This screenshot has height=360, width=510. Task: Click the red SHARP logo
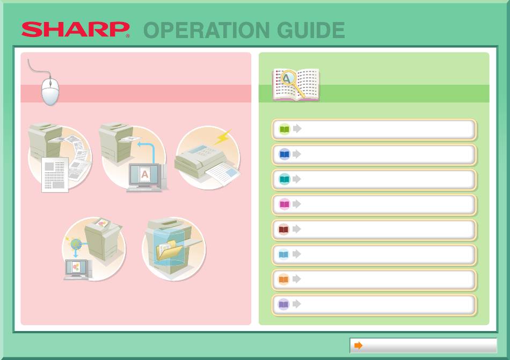coord(76,30)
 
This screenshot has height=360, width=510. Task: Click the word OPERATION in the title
coord(207,30)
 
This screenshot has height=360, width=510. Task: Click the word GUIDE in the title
coord(311,30)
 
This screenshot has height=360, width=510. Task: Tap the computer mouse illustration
coord(50,91)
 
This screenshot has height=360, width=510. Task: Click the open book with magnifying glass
coord(296,84)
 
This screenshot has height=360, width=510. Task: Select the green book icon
coord(285,129)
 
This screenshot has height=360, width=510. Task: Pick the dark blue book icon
coord(285,155)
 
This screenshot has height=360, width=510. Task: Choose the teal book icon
coord(285,179)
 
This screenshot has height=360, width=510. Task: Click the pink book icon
coord(285,204)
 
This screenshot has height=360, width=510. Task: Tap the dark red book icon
coord(283,230)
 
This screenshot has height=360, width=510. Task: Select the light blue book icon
coord(283,254)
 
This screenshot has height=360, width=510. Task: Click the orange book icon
coord(283,280)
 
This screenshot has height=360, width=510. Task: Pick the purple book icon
coord(283,304)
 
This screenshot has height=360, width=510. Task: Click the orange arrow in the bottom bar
coord(359,346)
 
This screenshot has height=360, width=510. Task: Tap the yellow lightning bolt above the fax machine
coord(223,137)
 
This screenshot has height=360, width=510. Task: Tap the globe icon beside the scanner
coord(76,244)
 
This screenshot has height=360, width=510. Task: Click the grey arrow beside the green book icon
coord(297,129)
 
